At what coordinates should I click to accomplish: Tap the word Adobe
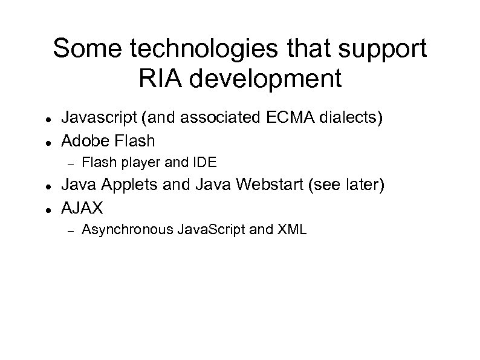tap(84, 140)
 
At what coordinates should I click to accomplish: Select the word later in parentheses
tap(364, 185)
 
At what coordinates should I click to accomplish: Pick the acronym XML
tap(293, 229)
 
